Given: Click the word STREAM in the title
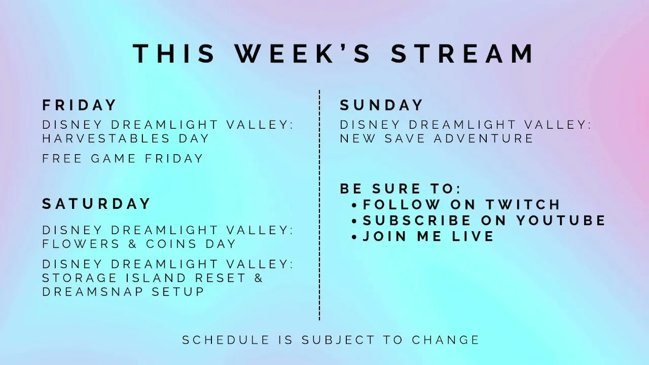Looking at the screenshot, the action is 462,54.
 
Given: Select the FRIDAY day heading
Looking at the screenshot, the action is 79,105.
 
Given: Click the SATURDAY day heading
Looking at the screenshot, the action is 96,204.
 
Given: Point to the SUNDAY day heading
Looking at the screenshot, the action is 381,105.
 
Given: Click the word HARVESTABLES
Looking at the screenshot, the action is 106,138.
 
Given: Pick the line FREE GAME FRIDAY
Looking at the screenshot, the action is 123,159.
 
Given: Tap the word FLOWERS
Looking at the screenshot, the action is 81,244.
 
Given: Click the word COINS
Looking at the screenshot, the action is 171,244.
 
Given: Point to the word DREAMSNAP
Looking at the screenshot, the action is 93,291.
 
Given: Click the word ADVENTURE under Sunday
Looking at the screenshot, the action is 484,138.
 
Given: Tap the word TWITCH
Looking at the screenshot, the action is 523,204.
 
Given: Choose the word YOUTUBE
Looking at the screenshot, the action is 561,220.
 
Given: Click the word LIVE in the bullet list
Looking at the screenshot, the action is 473,236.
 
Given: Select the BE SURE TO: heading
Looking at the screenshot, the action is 400,189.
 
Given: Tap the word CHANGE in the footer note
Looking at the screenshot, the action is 446,340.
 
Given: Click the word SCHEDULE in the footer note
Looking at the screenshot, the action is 226,340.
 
